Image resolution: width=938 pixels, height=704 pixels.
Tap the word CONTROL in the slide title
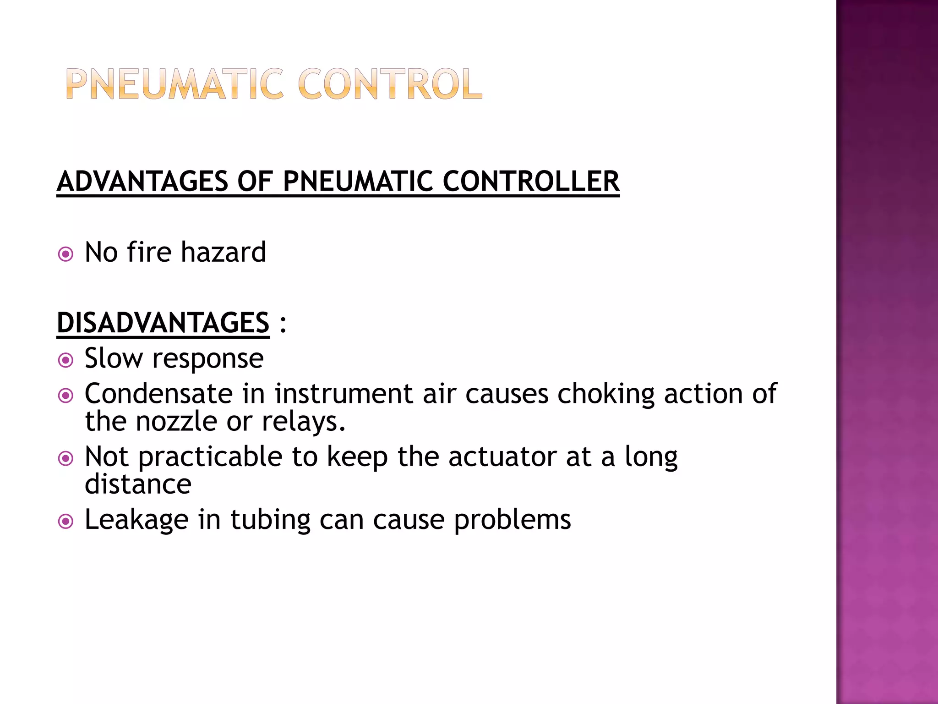tap(390, 84)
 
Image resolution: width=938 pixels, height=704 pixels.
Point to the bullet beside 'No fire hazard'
tap(66, 254)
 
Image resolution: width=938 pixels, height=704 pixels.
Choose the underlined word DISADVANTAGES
tap(163, 323)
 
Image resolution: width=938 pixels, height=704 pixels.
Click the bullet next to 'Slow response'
tap(66, 360)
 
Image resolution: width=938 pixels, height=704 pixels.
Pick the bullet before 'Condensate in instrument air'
tap(66, 396)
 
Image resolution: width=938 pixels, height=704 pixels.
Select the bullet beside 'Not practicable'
tap(66, 458)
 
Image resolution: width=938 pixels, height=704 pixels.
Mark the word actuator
tap(502, 457)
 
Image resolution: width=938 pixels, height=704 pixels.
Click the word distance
tap(138, 484)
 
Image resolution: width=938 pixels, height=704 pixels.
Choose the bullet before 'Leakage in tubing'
tap(66, 521)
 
